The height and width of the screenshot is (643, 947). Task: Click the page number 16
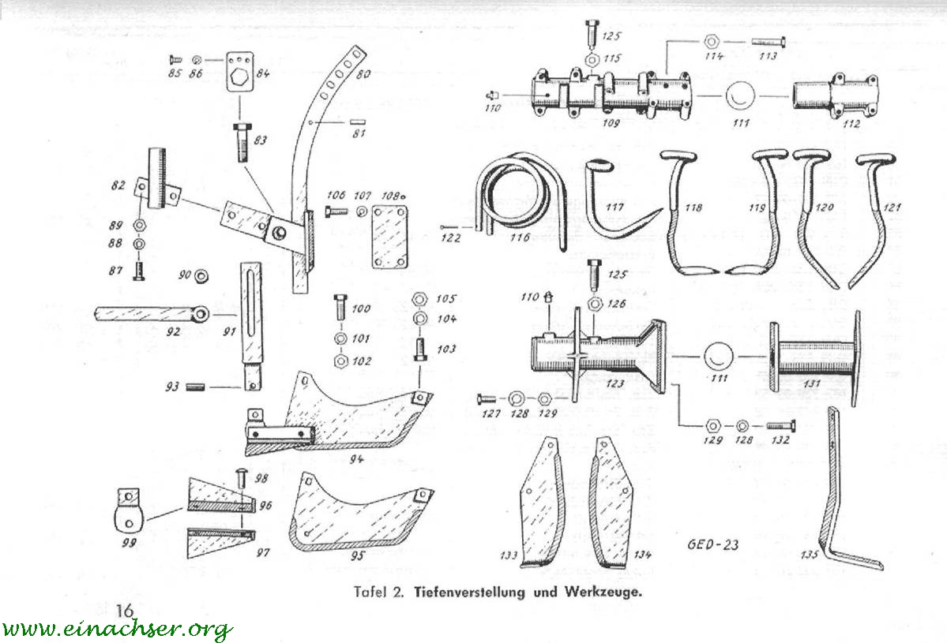124,610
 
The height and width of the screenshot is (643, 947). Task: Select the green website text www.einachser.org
117,629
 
